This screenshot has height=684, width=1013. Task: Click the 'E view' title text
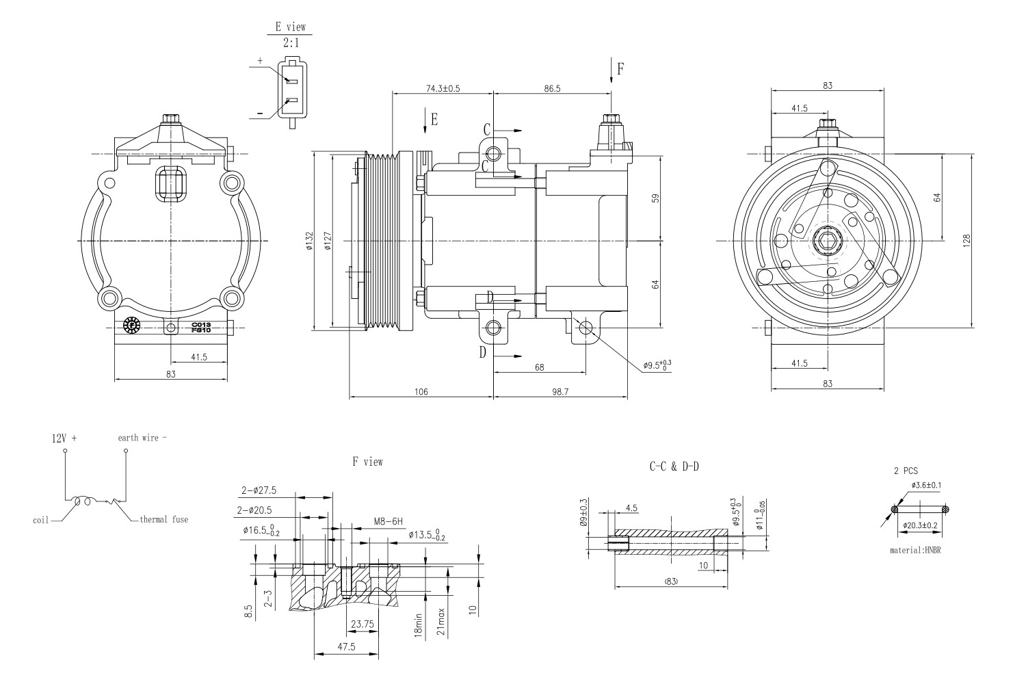(x=290, y=27)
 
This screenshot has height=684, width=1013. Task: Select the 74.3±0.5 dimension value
(x=443, y=88)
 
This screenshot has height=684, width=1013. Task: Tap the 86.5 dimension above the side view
(x=549, y=88)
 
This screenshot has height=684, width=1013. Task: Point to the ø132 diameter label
(x=309, y=241)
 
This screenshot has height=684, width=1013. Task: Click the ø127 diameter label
(x=328, y=241)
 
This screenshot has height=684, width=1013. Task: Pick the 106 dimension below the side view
(x=421, y=391)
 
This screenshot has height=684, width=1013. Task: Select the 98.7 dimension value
(x=560, y=391)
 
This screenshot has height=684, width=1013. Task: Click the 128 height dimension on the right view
(x=967, y=241)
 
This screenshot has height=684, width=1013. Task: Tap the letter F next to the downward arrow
(x=620, y=68)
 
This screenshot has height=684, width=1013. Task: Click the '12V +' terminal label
(x=65, y=438)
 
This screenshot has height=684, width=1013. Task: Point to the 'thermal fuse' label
(x=163, y=519)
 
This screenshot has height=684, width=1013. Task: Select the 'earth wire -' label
(x=142, y=438)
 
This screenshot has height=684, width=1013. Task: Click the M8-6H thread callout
(x=388, y=521)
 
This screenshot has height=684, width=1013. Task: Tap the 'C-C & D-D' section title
(x=674, y=466)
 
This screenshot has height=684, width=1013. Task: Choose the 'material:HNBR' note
(x=915, y=550)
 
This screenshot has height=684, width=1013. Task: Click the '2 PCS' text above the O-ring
(x=906, y=471)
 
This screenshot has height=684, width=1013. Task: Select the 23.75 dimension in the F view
(x=362, y=624)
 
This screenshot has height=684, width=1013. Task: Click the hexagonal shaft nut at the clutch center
(x=828, y=241)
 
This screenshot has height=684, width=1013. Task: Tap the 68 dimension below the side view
(x=539, y=367)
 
